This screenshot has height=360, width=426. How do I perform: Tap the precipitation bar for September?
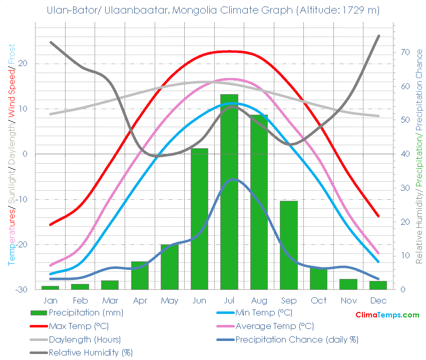289,245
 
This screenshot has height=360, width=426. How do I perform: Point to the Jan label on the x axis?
51,300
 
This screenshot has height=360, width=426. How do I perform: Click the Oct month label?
318,300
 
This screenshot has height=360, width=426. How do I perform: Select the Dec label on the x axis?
378,300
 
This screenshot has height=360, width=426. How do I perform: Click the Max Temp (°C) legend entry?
79,326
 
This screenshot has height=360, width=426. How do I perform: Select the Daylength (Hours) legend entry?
85,339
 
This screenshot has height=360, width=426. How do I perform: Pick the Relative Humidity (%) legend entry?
90,352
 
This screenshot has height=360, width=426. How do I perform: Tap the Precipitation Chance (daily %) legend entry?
297,339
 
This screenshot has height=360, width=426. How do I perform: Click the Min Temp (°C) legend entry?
263,313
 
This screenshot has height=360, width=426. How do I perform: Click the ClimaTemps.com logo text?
387,315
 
